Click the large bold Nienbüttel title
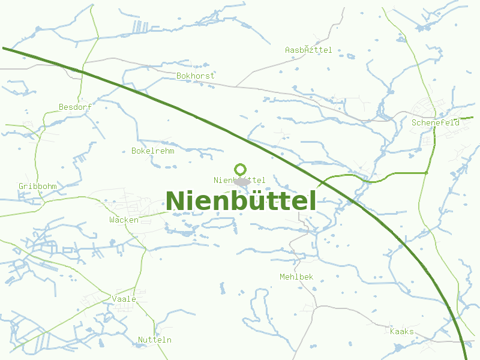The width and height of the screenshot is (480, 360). point(241,201)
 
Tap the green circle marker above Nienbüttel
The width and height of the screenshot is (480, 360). point(241,169)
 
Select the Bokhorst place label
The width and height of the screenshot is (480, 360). point(195,76)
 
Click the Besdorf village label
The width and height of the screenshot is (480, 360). point(75,107)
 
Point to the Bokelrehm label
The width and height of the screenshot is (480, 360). point(152,151)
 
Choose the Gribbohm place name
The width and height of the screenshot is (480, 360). point(37,186)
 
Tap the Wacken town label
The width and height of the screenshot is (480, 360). point(124,220)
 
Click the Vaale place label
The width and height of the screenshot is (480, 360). point(124,299)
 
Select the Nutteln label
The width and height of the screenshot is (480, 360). point(154,340)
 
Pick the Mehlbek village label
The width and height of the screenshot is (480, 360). point(296,277)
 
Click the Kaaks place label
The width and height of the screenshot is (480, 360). point(401,331)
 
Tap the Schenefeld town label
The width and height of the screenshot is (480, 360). point(436,122)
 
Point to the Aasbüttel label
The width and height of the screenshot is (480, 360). point(308,50)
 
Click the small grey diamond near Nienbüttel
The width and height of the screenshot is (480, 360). point(242,181)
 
